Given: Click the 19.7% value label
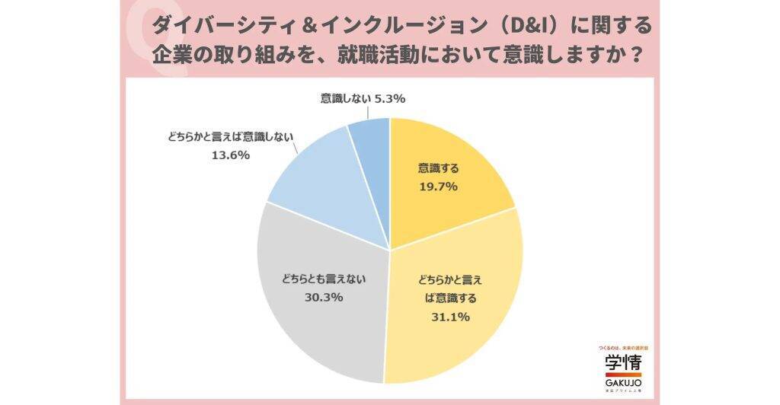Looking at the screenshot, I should pos(438,187).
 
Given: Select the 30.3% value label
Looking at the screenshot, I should pos(322,297).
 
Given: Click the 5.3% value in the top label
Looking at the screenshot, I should pos(389,98).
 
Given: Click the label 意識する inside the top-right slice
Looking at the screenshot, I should pos(438,168).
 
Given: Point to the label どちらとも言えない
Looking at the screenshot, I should pos(322,279).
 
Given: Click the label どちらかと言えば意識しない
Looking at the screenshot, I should pos(229,138).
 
